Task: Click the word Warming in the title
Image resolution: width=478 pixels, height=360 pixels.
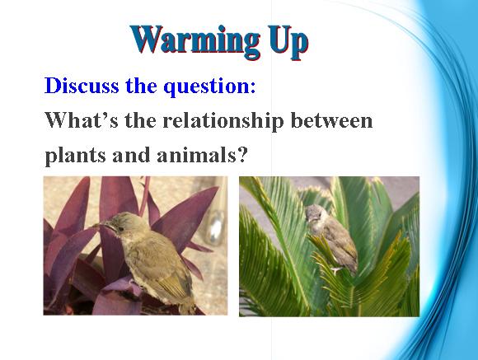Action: tap(195, 41)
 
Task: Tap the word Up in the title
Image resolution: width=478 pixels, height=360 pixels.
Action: tap(288, 42)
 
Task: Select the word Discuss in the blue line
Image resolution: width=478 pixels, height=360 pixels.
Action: tap(82, 86)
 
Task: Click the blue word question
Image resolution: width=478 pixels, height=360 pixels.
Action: tap(206, 87)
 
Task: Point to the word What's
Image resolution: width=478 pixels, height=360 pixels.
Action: tap(82, 119)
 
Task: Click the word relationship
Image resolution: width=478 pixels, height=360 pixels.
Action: tap(223, 121)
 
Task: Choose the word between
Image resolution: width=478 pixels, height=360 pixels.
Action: tap(331, 119)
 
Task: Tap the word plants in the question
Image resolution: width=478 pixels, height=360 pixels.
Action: tap(76, 156)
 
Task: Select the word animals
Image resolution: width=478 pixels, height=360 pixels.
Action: tap(196, 155)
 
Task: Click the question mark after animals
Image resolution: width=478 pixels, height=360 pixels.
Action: tap(241, 155)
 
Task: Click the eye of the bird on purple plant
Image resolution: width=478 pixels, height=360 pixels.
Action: tap(121, 228)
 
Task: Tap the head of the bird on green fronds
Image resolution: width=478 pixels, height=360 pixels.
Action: tap(315, 214)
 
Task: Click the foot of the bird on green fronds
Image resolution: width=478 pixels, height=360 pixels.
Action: tap(336, 270)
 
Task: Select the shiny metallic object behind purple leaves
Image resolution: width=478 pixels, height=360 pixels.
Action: tap(216, 227)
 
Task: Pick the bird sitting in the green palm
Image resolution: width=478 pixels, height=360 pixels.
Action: tap(331, 238)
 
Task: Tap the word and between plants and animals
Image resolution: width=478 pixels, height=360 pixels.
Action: tap(132, 155)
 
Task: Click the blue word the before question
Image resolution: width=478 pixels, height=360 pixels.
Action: tap(141, 86)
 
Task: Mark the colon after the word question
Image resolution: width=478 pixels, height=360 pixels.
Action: tap(253, 89)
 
